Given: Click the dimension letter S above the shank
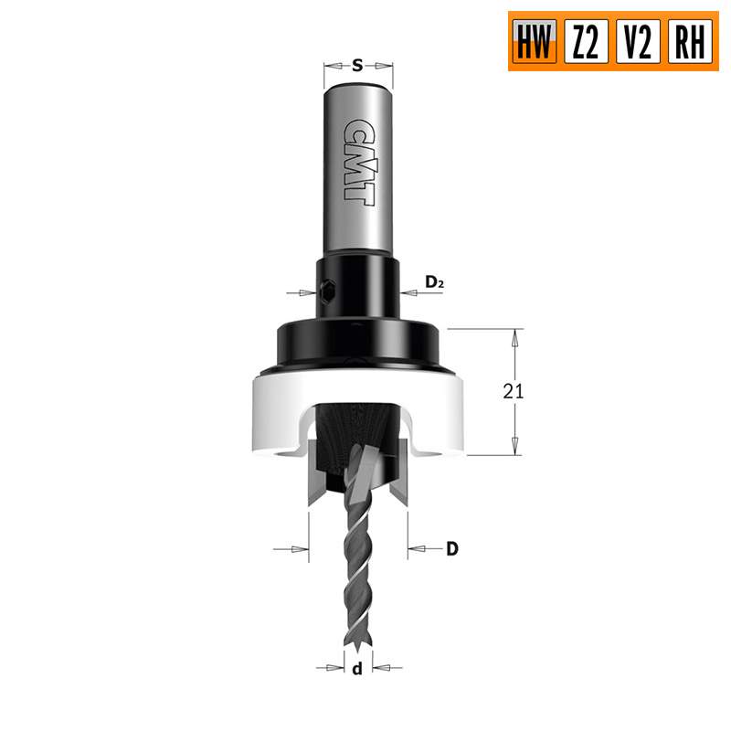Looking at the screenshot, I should pos(358,65).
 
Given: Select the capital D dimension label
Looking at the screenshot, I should pos(451,549).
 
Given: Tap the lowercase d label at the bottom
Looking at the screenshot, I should pos(357,669).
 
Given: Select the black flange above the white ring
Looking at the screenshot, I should pos(357,343).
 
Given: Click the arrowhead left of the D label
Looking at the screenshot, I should pos(418,549).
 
